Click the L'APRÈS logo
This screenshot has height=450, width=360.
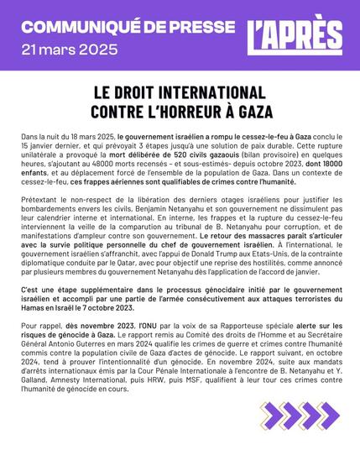click(298, 34)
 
